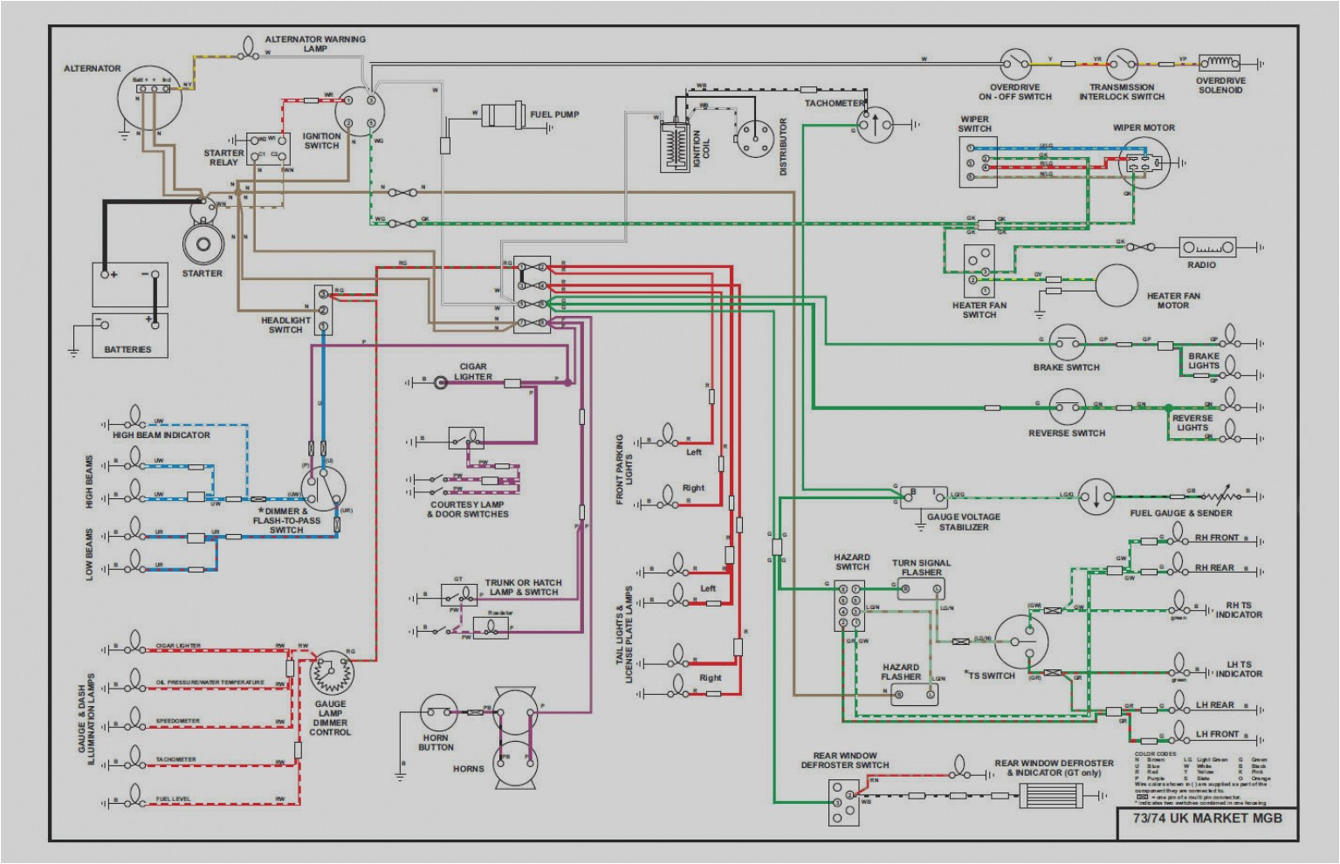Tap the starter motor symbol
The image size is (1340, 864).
click(203, 237)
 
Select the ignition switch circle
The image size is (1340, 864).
click(359, 112)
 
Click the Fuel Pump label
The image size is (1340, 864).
click(554, 114)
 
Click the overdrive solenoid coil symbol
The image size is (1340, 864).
click(1220, 63)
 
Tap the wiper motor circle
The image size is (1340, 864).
click(1142, 162)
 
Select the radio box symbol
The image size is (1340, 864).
click(1208, 248)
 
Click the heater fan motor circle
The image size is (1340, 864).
click(1117, 285)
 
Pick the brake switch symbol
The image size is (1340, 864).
click(1067, 343)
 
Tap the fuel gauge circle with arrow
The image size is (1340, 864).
click(1096, 497)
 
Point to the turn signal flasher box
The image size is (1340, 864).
click(921, 590)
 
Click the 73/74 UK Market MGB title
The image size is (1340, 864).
click(1206, 818)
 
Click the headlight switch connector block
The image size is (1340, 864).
click(323, 310)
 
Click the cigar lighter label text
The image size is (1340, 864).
click(473, 372)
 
